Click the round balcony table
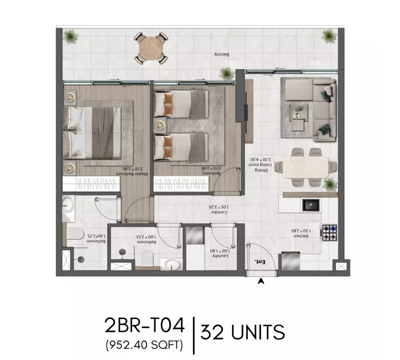pyautogui.click(x=151, y=48)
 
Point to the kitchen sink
pyautogui.click(x=311, y=206)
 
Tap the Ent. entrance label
pyautogui.click(x=260, y=262)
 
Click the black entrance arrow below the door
pyautogui.click(x=262, y=281)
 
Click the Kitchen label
pyautogui.click(x=300, y=234)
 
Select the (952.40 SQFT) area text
pyautogui.click(x=145, y=344)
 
